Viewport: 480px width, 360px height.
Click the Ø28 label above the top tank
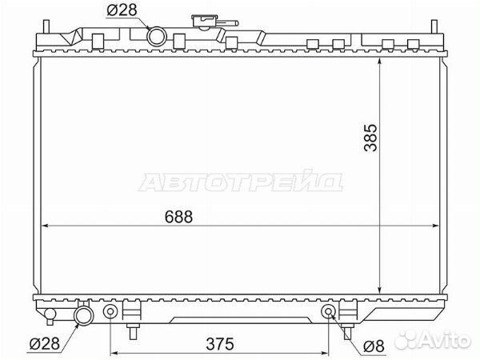coord(121,10)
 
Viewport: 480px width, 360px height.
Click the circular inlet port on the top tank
coord(157,35)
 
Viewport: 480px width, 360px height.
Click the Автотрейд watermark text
coord(241,183)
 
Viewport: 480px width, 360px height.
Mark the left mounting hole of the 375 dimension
coord(110,311)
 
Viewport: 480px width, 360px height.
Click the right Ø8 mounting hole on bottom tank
coord(328,311)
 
